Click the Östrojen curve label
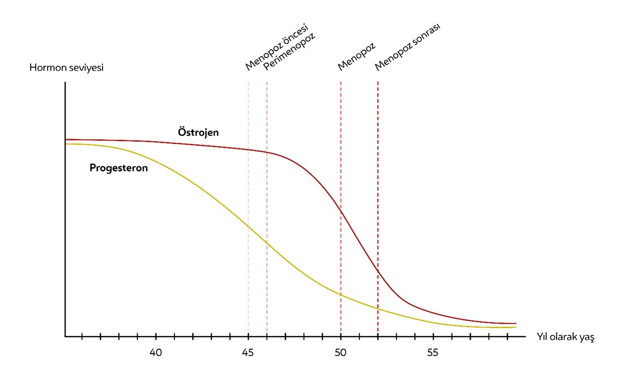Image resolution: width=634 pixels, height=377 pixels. tap(198, 133)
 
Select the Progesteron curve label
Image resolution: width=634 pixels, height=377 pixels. tap(118, 168)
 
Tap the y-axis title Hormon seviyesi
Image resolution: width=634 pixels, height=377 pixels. tap(66, 68)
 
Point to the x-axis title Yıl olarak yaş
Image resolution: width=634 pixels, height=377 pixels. tap(565, 338)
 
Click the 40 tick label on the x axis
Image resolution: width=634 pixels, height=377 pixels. tap(156, 353)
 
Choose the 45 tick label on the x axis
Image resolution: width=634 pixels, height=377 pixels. tap(248, 353)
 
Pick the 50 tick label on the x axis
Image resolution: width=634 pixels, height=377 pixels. tap(341, 353)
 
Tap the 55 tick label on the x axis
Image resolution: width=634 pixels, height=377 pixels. tap(433, 353)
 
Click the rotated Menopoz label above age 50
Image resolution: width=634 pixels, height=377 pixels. tap(356, 57)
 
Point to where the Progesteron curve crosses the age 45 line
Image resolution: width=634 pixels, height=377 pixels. tap(248, 226)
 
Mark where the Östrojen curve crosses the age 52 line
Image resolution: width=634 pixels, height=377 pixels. tap(378, 271)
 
